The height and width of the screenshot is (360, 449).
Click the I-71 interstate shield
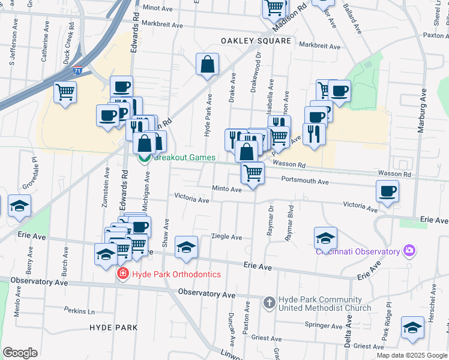point(77,71)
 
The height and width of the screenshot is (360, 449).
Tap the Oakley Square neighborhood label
point(256,41)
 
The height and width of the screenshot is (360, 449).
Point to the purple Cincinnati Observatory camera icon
point(410,250)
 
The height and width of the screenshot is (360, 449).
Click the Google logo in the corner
point(20,353)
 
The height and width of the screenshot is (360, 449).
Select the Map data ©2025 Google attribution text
point(412,355)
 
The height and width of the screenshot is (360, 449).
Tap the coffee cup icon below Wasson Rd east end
point(388,191)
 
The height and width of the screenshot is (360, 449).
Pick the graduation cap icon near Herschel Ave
point(412,328)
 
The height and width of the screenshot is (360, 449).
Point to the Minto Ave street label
point(227,189)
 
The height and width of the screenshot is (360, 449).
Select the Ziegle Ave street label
point(229,237)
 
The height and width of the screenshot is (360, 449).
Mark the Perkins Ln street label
point(80,310)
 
